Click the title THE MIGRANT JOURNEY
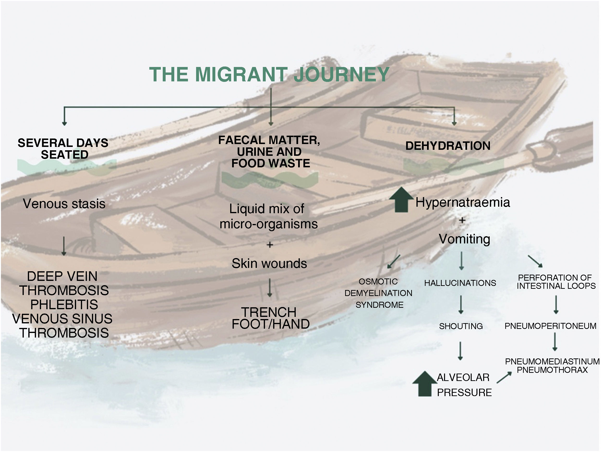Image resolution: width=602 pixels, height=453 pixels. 269,74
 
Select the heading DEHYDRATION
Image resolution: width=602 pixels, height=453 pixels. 448,146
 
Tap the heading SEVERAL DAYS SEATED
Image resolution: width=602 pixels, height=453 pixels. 63,149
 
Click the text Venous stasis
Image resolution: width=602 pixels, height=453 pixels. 64,204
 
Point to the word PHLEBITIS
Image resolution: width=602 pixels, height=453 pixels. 64,304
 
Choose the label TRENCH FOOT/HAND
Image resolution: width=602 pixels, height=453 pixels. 270,318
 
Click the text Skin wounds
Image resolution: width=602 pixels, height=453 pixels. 269,264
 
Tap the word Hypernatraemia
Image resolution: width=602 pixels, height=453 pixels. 462,202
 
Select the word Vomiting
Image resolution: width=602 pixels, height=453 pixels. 464,239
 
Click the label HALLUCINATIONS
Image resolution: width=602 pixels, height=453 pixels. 460,283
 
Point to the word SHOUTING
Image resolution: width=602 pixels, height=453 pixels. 461,326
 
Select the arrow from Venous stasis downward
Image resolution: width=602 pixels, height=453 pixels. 64,246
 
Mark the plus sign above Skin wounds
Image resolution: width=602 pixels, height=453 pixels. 270,245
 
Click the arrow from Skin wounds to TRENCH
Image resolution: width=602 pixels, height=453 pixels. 270,288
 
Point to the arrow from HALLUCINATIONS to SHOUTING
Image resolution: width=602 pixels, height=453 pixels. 461,305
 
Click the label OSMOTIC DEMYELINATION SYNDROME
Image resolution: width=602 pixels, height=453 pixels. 379,293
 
